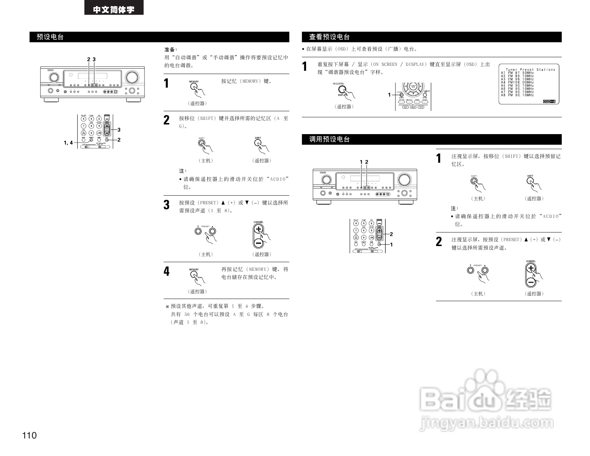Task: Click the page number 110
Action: pyautogui.click(x=29, y=435)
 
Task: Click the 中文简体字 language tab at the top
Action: pyautogui.click(x=114, y=9)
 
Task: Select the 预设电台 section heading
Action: pyautogui.click(x=50, y=37)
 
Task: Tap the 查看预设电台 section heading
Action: pyautogui.click(x=329, y=37)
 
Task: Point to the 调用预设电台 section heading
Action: pyautogui.click(x=329, y=139)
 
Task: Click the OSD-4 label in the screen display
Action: pyautogui.click(x=549, y=102)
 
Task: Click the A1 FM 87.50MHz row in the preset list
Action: pyautogui.click(x=517, y=73)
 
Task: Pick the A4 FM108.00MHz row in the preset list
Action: pyautogui.click(x=517, y=83)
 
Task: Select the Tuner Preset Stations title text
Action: pyautogui.click(x=530, y=69)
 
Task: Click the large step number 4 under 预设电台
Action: pyautogui.click(x=167, y=271)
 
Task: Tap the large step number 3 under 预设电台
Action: pyautogui.click(x=167, y=205)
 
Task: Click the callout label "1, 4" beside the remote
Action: pyautogui.click(x=68, y=143)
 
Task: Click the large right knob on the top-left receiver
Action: pyautogui.click(x=132, y=77)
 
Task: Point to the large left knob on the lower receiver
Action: pyautogui.click(x=325, y=179)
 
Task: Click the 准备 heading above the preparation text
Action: pyautogui.click(x=171, y=50)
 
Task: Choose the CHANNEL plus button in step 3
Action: pyautogui.click(x=259, y=230)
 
